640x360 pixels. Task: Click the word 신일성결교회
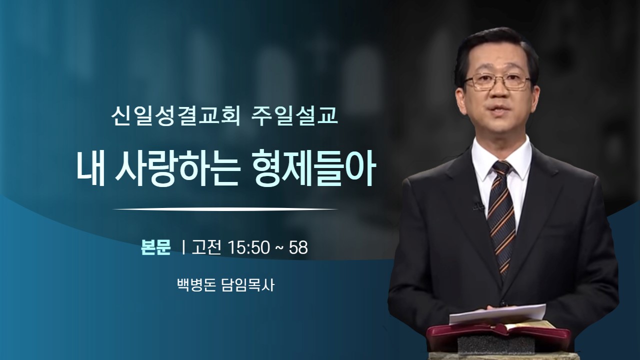pos(175,117)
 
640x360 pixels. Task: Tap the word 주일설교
pos(294,117)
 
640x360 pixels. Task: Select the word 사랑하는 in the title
pos(176,172)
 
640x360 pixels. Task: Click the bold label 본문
pos(155,247)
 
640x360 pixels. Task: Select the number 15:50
pos(249,247)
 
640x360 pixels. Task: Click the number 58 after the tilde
pos(298,247)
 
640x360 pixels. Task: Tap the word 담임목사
pos(248,285)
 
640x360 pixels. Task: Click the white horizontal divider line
pos(225,209)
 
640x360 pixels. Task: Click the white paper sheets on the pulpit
pos(497,314)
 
